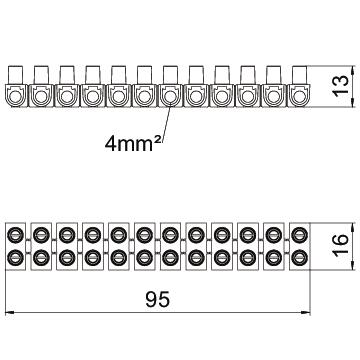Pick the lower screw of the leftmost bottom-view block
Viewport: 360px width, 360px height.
coord(17,257)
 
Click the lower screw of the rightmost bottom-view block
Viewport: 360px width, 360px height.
coord(297,257)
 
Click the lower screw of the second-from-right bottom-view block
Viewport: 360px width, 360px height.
coord(272,257)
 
